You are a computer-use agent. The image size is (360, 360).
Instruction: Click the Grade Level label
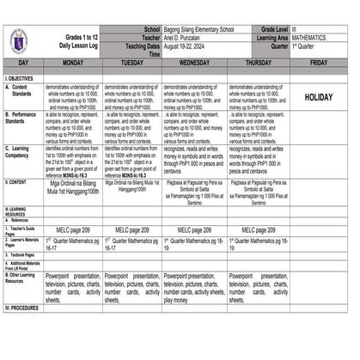[x=272, y=30]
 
